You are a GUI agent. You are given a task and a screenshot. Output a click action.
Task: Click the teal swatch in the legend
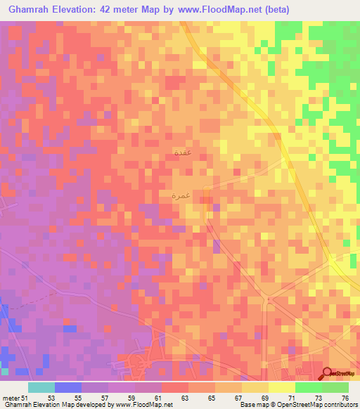41,387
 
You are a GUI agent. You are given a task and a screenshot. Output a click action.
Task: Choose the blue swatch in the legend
68,387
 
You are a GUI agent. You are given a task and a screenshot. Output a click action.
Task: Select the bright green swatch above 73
308,387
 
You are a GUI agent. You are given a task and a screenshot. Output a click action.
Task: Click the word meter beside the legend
11,398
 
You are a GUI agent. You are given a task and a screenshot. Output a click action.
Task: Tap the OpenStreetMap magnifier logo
328,372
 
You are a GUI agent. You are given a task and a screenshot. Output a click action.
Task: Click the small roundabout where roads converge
266,301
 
